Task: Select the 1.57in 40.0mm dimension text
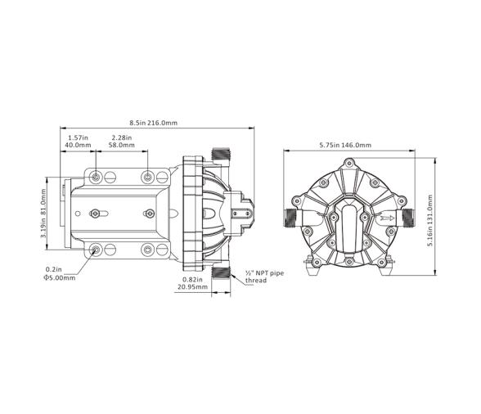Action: click(x=78, y=142)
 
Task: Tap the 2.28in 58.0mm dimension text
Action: click(x=124, y=142)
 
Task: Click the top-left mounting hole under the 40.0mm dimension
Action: click(x=97, y=177)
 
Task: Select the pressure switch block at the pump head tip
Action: click(x=243, y=214)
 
